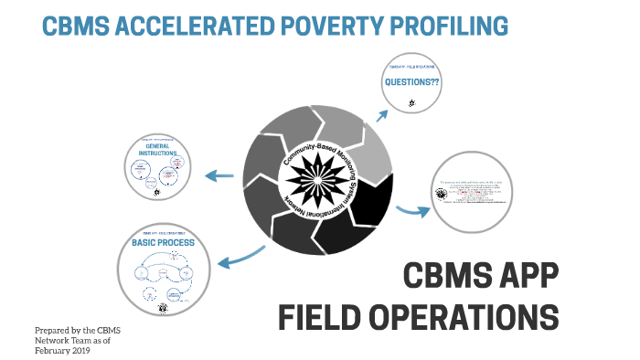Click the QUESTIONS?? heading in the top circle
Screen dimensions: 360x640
tap(410, 80)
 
